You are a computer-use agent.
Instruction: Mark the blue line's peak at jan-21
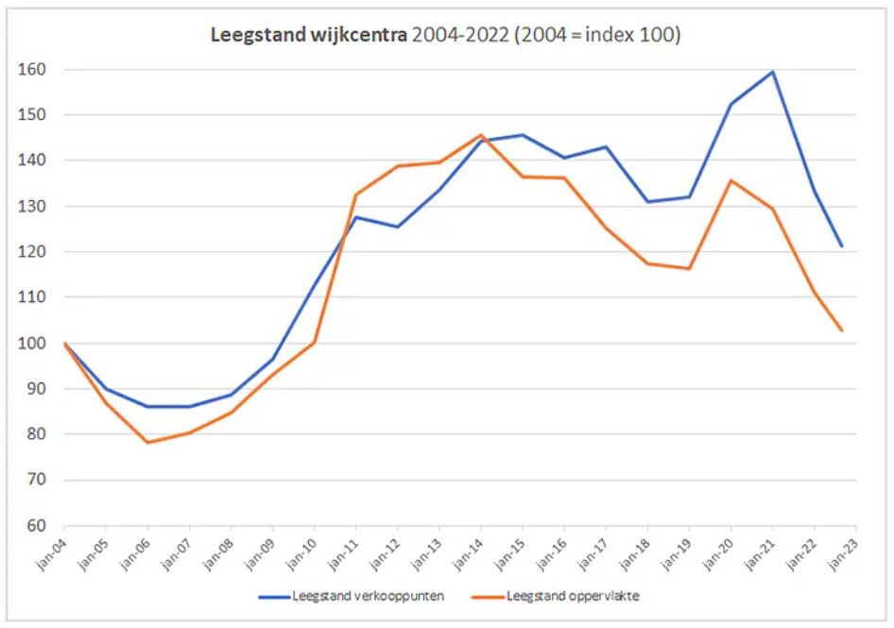point(773,72)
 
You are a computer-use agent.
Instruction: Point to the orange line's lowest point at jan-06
point(147,442)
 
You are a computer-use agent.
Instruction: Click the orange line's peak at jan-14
point(481,135)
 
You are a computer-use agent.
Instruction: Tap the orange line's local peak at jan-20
point(731,180)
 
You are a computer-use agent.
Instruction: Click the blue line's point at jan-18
point(647,201)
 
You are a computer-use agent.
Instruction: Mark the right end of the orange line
point(841,331)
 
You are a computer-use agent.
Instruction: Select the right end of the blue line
point(841,246)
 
